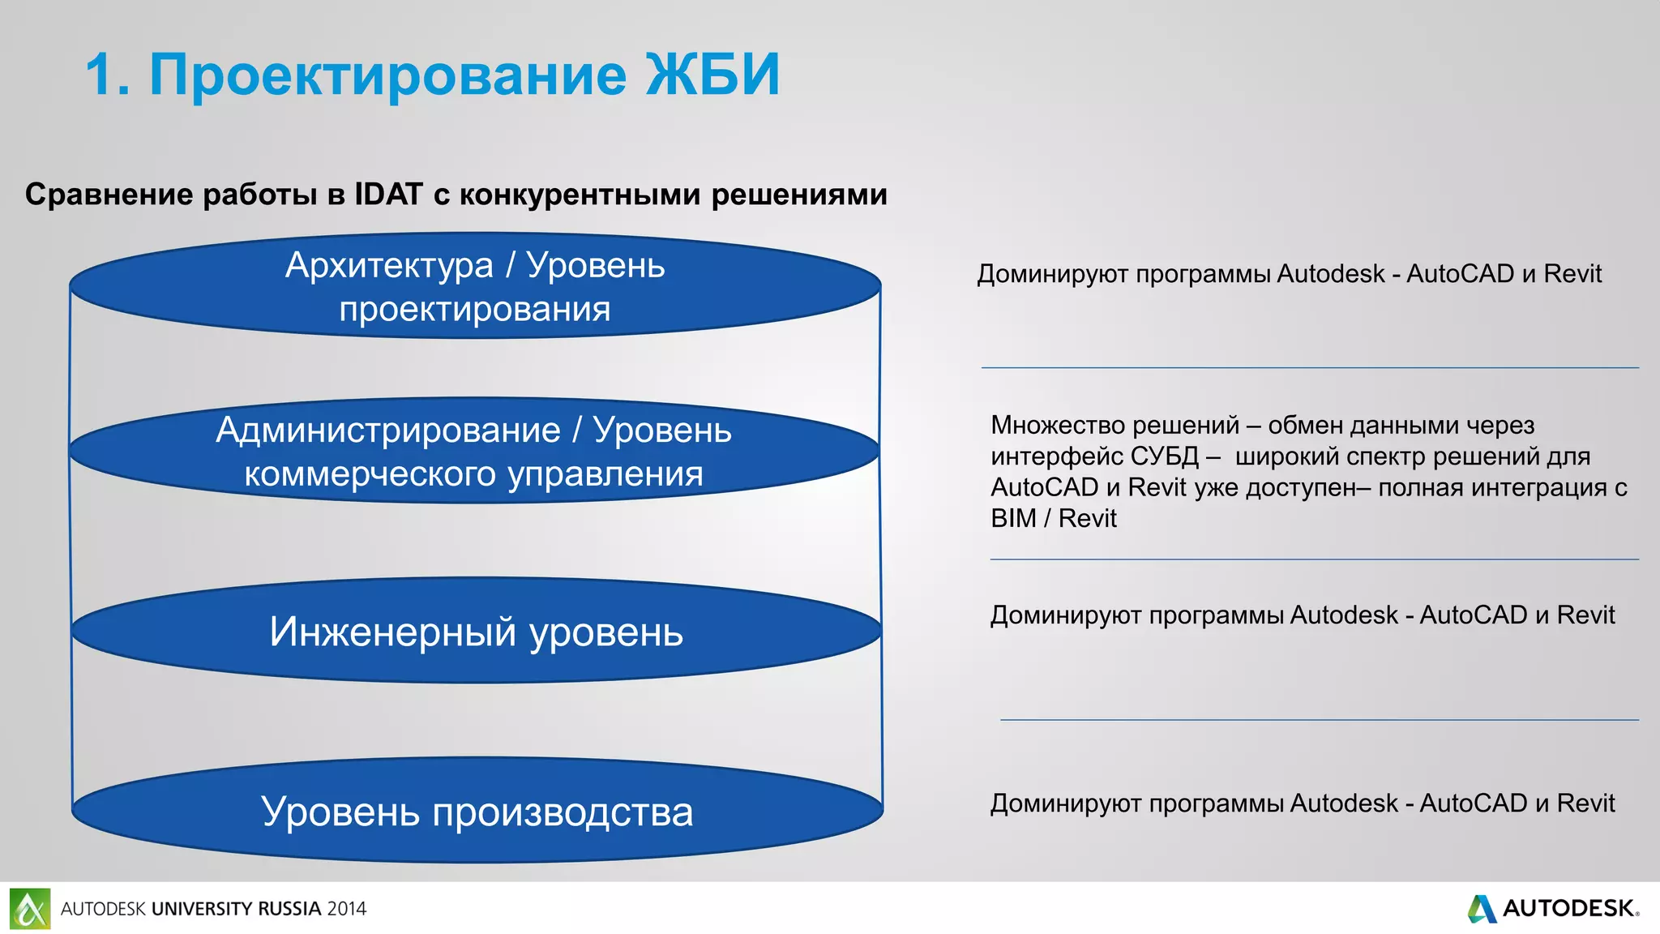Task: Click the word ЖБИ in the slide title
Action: pos(712,75)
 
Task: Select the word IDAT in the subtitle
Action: pos(388,195)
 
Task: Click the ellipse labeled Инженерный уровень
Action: pos(476,632)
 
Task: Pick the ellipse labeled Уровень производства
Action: pos(477,812)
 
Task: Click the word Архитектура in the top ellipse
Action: pos(389,266)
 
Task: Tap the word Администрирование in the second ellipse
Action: pos(388,431)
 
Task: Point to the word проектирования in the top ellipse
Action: pos(475,310)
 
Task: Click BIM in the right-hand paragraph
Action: pos(1013,518)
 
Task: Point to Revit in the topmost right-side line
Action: pos(1572,274)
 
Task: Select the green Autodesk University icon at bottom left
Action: pos(30,909)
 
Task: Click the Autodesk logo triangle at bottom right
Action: pos(1482,909)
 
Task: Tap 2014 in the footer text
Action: pos(347,909)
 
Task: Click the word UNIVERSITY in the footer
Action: pos(202,909)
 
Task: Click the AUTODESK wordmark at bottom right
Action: pos(1568,909)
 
